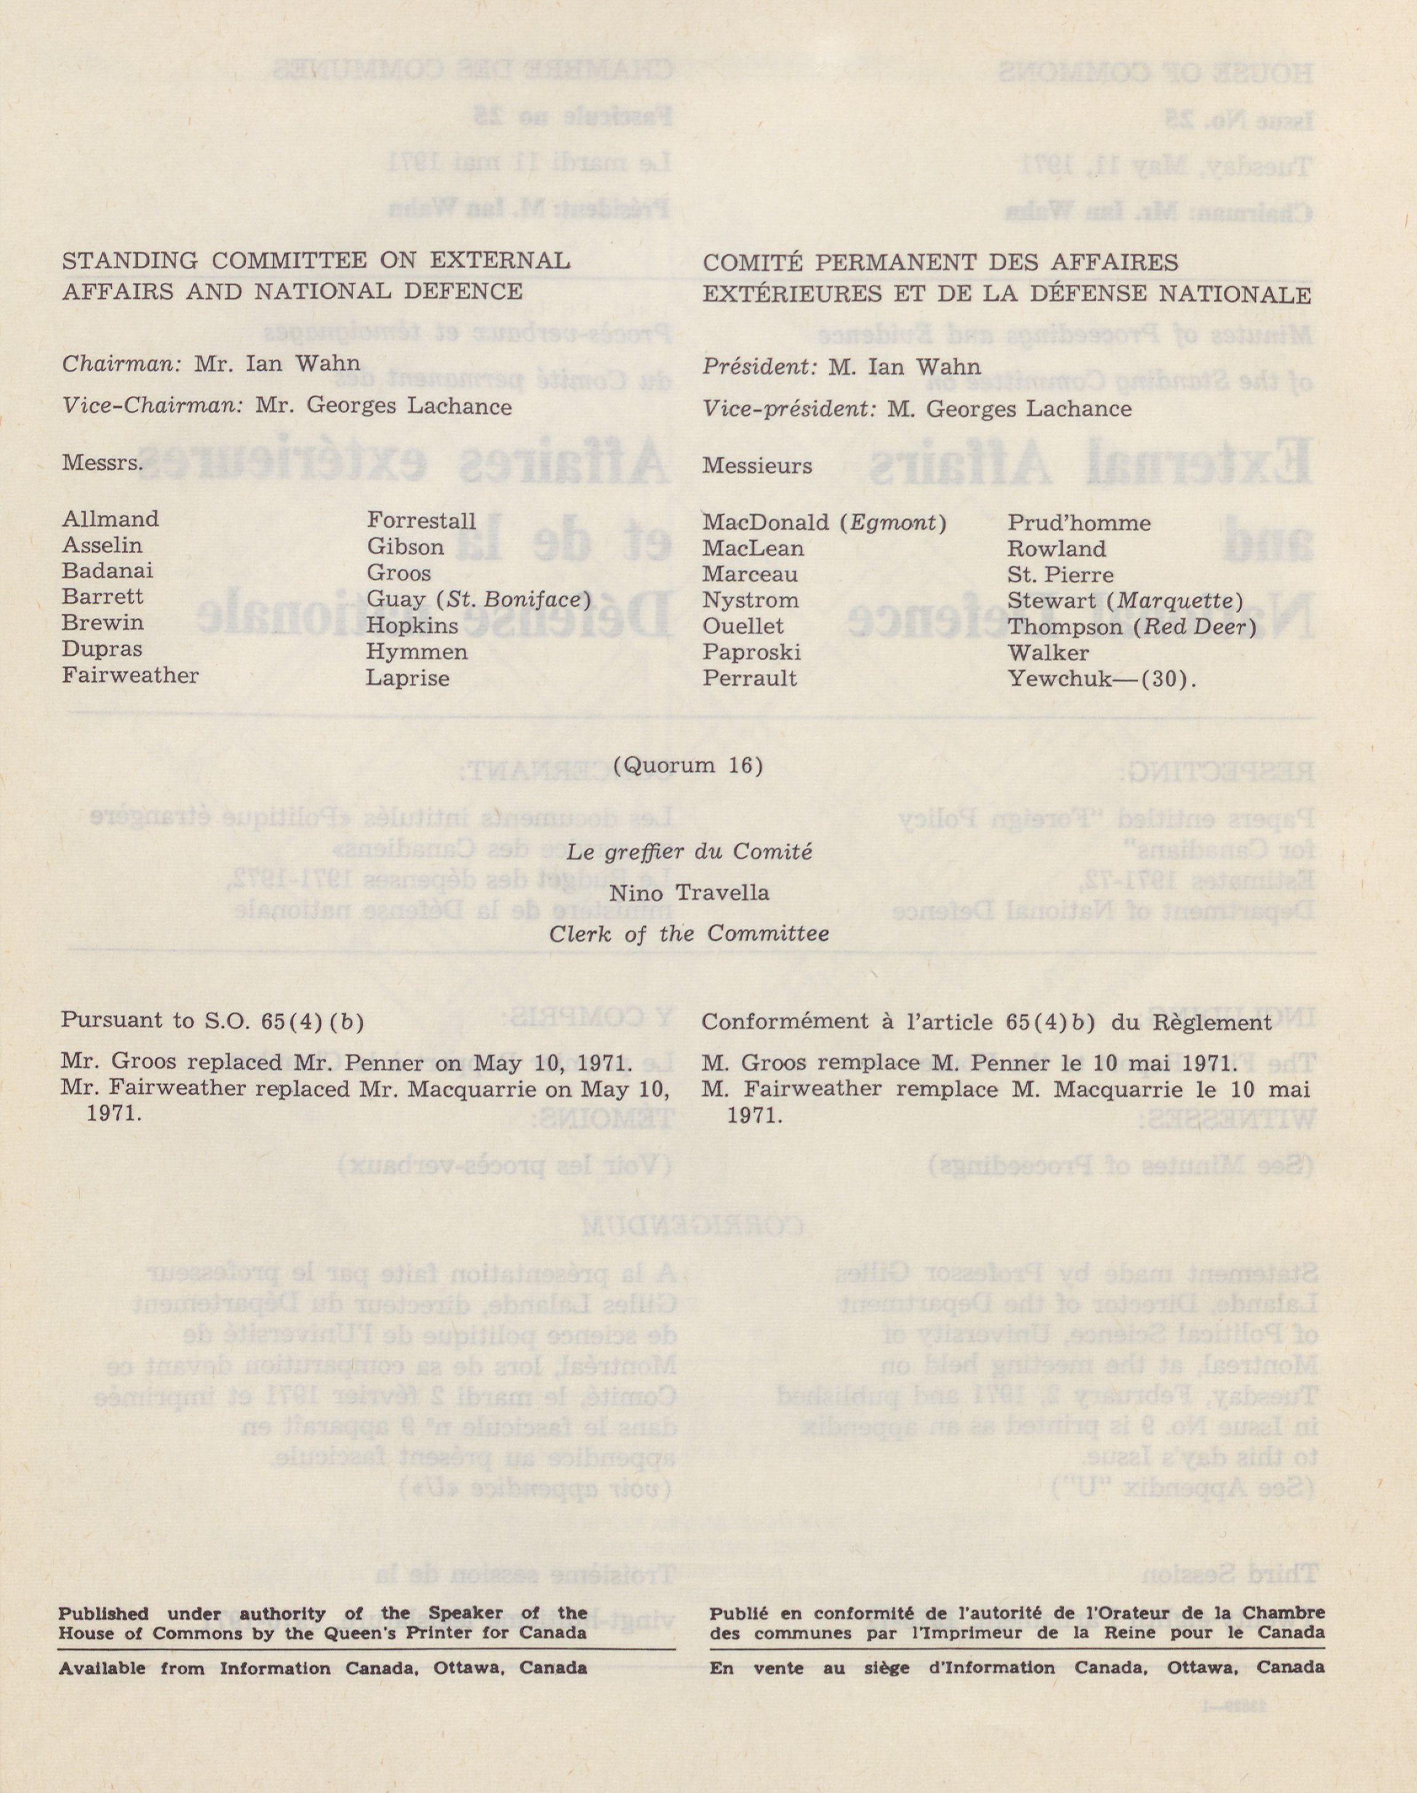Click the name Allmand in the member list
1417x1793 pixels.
(109, 519)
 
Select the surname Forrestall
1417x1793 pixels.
(421, 521)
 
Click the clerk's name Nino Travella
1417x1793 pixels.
(689, 893)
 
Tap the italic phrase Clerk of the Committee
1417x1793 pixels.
(689, 934)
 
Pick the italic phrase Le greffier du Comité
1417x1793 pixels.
(689, 852)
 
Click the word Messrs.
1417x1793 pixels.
(102, 463)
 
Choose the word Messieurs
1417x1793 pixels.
(756, 466)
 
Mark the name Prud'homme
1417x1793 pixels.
(1079, 523)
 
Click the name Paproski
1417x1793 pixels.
(752, 652)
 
